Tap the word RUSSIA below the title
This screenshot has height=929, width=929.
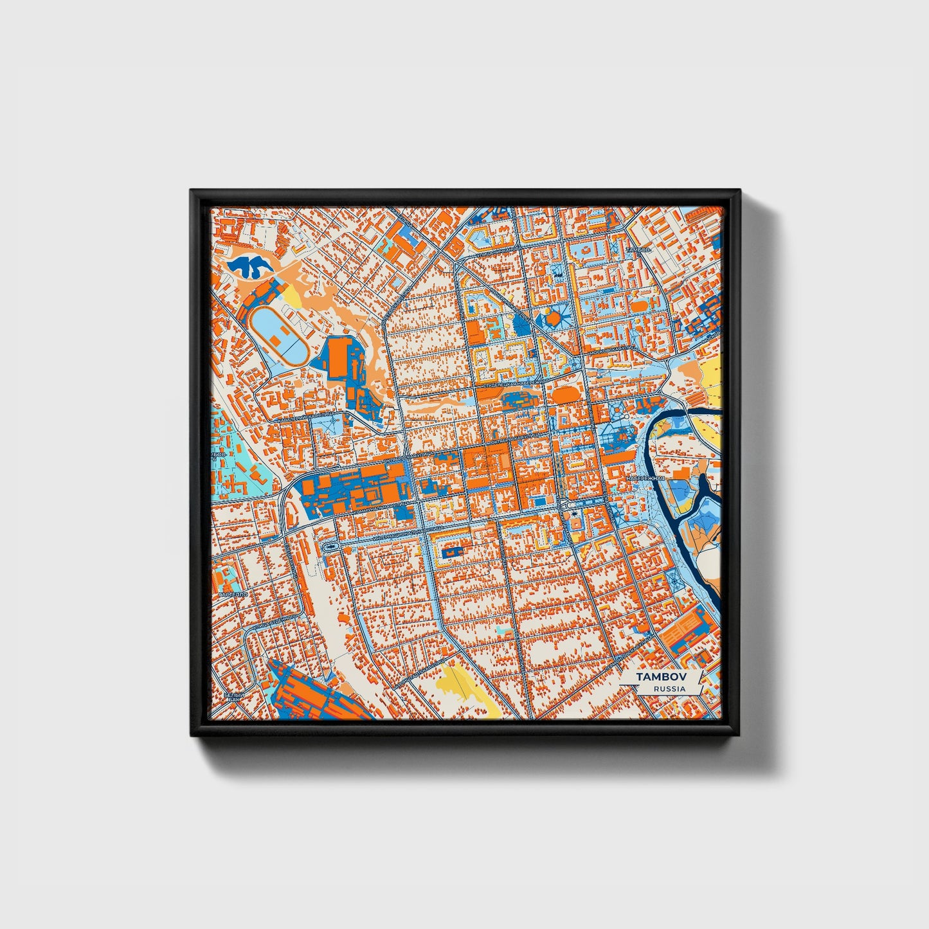pos(669,689)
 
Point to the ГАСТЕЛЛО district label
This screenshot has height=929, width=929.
pos(233,595)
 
